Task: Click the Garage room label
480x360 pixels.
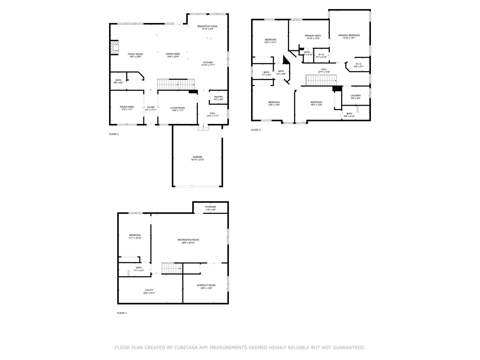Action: click(x=197, y=157)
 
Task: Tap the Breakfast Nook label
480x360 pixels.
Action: click(x=207, y=26)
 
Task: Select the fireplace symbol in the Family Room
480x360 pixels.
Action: click(x=115, y=48)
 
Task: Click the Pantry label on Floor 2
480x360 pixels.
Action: click(x=218, y=97)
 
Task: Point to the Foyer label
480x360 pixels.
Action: click(x=151, y=107)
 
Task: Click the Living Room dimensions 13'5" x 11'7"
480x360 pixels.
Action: click(x=177, y=110)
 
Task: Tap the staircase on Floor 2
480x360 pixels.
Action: click(x=176, y=84)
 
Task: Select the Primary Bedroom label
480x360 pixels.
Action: click(x=349, y=35)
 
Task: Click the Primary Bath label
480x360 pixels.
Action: click(x=313, y=36)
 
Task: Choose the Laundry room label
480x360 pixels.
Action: click(x=355, y=96)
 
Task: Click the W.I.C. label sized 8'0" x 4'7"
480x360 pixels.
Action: click(x=358, y=64)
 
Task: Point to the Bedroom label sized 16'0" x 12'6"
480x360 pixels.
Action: click(x=316, y=102)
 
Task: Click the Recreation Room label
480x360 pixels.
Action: click(x=188, y=240)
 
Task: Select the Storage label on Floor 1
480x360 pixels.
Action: click(x=210, y=207)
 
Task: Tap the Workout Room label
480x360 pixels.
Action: click(x=206, y=285)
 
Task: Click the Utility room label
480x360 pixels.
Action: click(x=149, y=290)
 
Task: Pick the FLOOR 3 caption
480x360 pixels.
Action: click(x=256, y=130)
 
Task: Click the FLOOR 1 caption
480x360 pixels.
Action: click(x=122, y=313)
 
